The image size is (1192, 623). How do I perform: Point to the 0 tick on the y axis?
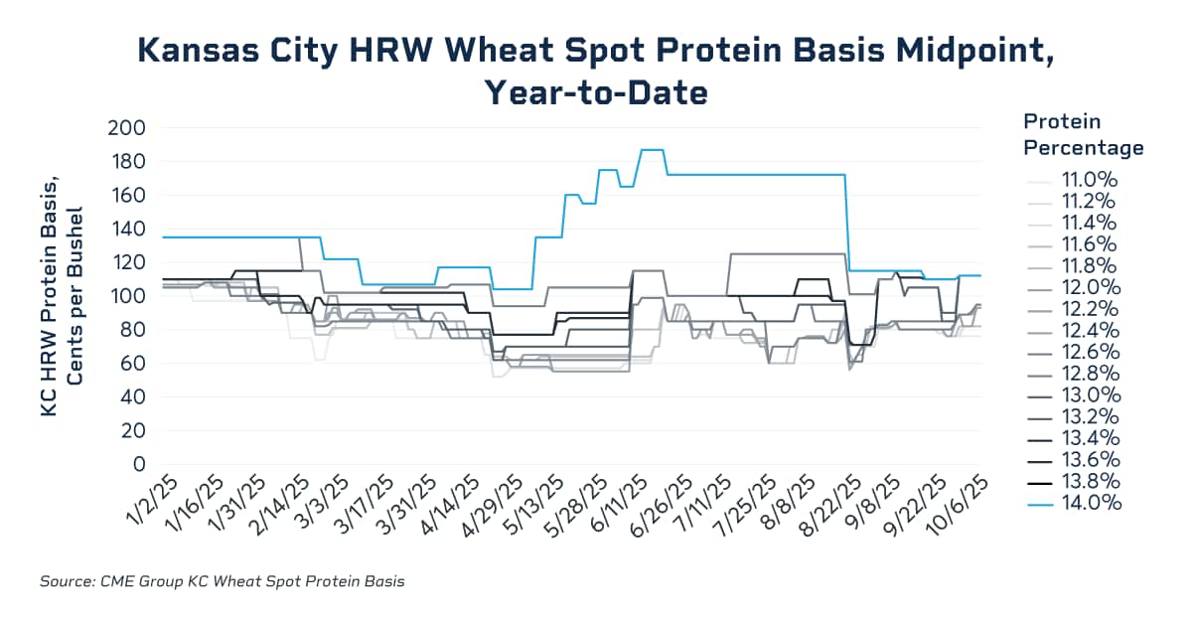[x=138, y=464]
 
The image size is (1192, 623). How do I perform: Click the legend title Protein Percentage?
[x=1083, y=134]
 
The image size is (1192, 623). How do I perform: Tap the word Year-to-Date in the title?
[x=595, y=93]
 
